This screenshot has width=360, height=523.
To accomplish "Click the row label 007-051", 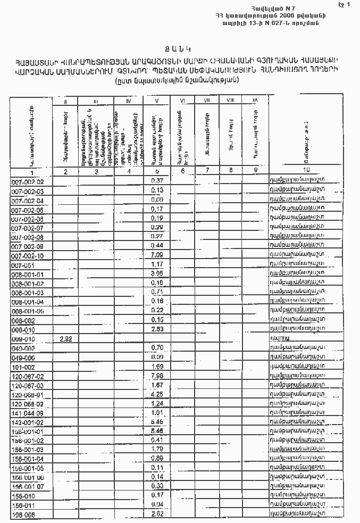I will coord(23,264).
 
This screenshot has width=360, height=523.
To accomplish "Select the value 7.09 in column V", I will coord(156,255).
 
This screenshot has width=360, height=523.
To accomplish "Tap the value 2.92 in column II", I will coord(65,338).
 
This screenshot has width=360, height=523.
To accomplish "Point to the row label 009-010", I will coord(23,338).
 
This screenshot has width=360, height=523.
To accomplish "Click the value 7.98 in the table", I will coord(156,376).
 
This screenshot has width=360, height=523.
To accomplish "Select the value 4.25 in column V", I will coord(156,394).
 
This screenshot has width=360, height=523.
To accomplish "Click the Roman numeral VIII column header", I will coord(230,100).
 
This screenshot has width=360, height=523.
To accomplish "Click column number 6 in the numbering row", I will coord(182,171).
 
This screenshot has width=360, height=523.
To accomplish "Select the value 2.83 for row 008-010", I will coord(156,329).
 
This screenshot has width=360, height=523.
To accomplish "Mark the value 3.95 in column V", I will coord(156,274).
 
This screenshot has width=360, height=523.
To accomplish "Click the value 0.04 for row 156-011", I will coord(156,504).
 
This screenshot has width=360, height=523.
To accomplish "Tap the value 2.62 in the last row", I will coord(156,514).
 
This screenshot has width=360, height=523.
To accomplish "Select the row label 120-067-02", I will coord(27,376).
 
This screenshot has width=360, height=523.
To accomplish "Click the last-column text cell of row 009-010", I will coord(280,338).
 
